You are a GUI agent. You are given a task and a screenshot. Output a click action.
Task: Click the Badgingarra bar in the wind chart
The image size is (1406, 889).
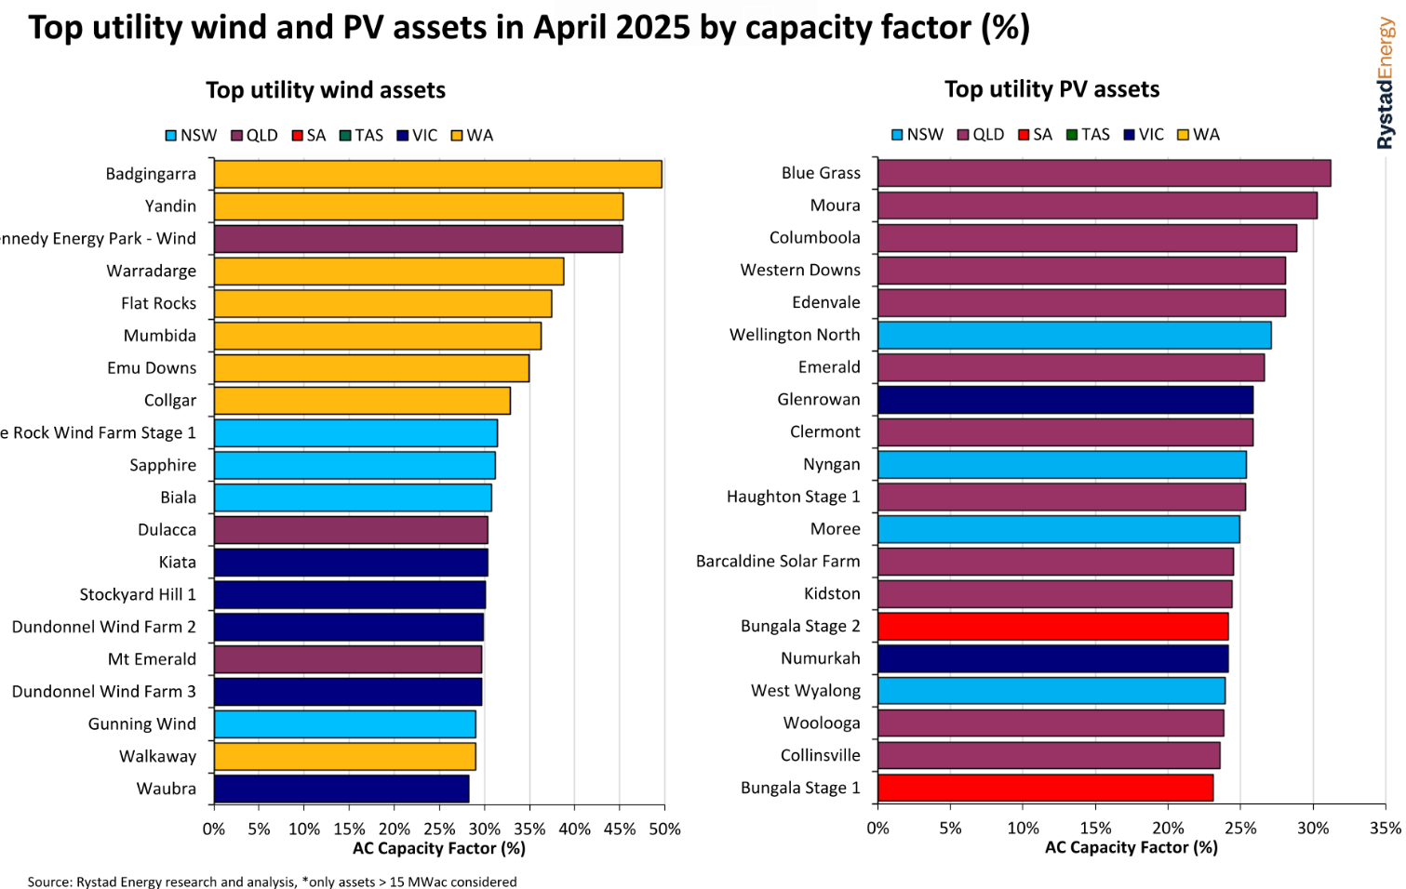point(437,174)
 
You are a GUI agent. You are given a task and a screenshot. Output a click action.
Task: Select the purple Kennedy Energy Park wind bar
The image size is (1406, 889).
point(418,239)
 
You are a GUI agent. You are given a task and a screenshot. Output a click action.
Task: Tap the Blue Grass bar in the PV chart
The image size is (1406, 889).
point(1104,173)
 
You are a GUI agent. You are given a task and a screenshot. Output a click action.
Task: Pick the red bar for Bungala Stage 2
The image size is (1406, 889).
point(1052,626)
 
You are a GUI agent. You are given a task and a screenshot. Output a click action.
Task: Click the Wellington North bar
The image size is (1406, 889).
point(1074,335)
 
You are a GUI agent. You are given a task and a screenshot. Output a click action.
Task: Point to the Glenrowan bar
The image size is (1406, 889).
point(1065,400)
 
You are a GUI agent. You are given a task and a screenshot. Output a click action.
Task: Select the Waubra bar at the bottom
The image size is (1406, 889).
point(341,789)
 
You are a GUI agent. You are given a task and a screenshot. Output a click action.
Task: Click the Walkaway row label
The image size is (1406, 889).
point(157,756)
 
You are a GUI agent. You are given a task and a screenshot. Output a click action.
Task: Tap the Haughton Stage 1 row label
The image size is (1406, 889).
point(793,497)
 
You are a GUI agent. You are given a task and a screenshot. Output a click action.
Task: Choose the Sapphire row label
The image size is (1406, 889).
point(163,465)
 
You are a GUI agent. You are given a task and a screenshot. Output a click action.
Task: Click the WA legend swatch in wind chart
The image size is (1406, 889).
point(457,136)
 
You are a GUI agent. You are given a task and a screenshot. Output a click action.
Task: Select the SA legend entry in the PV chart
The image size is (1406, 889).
point(1035,135)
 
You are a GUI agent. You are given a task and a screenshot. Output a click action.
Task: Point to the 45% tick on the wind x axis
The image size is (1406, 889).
point(620,829)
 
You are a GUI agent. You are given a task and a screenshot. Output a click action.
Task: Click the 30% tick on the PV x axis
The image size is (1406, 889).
point(1313,828)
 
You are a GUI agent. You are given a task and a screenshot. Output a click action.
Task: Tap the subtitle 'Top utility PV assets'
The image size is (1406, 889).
point(1051,89)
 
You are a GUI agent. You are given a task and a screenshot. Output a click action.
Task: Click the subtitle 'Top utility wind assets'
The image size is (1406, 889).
point(326,90)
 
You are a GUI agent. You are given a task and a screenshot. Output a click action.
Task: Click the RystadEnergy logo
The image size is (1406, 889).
point(1386,84)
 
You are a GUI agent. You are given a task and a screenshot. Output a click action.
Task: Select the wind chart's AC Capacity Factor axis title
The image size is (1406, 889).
point(439,848)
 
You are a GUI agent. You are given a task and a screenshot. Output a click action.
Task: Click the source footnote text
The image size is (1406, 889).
point(272,881)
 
